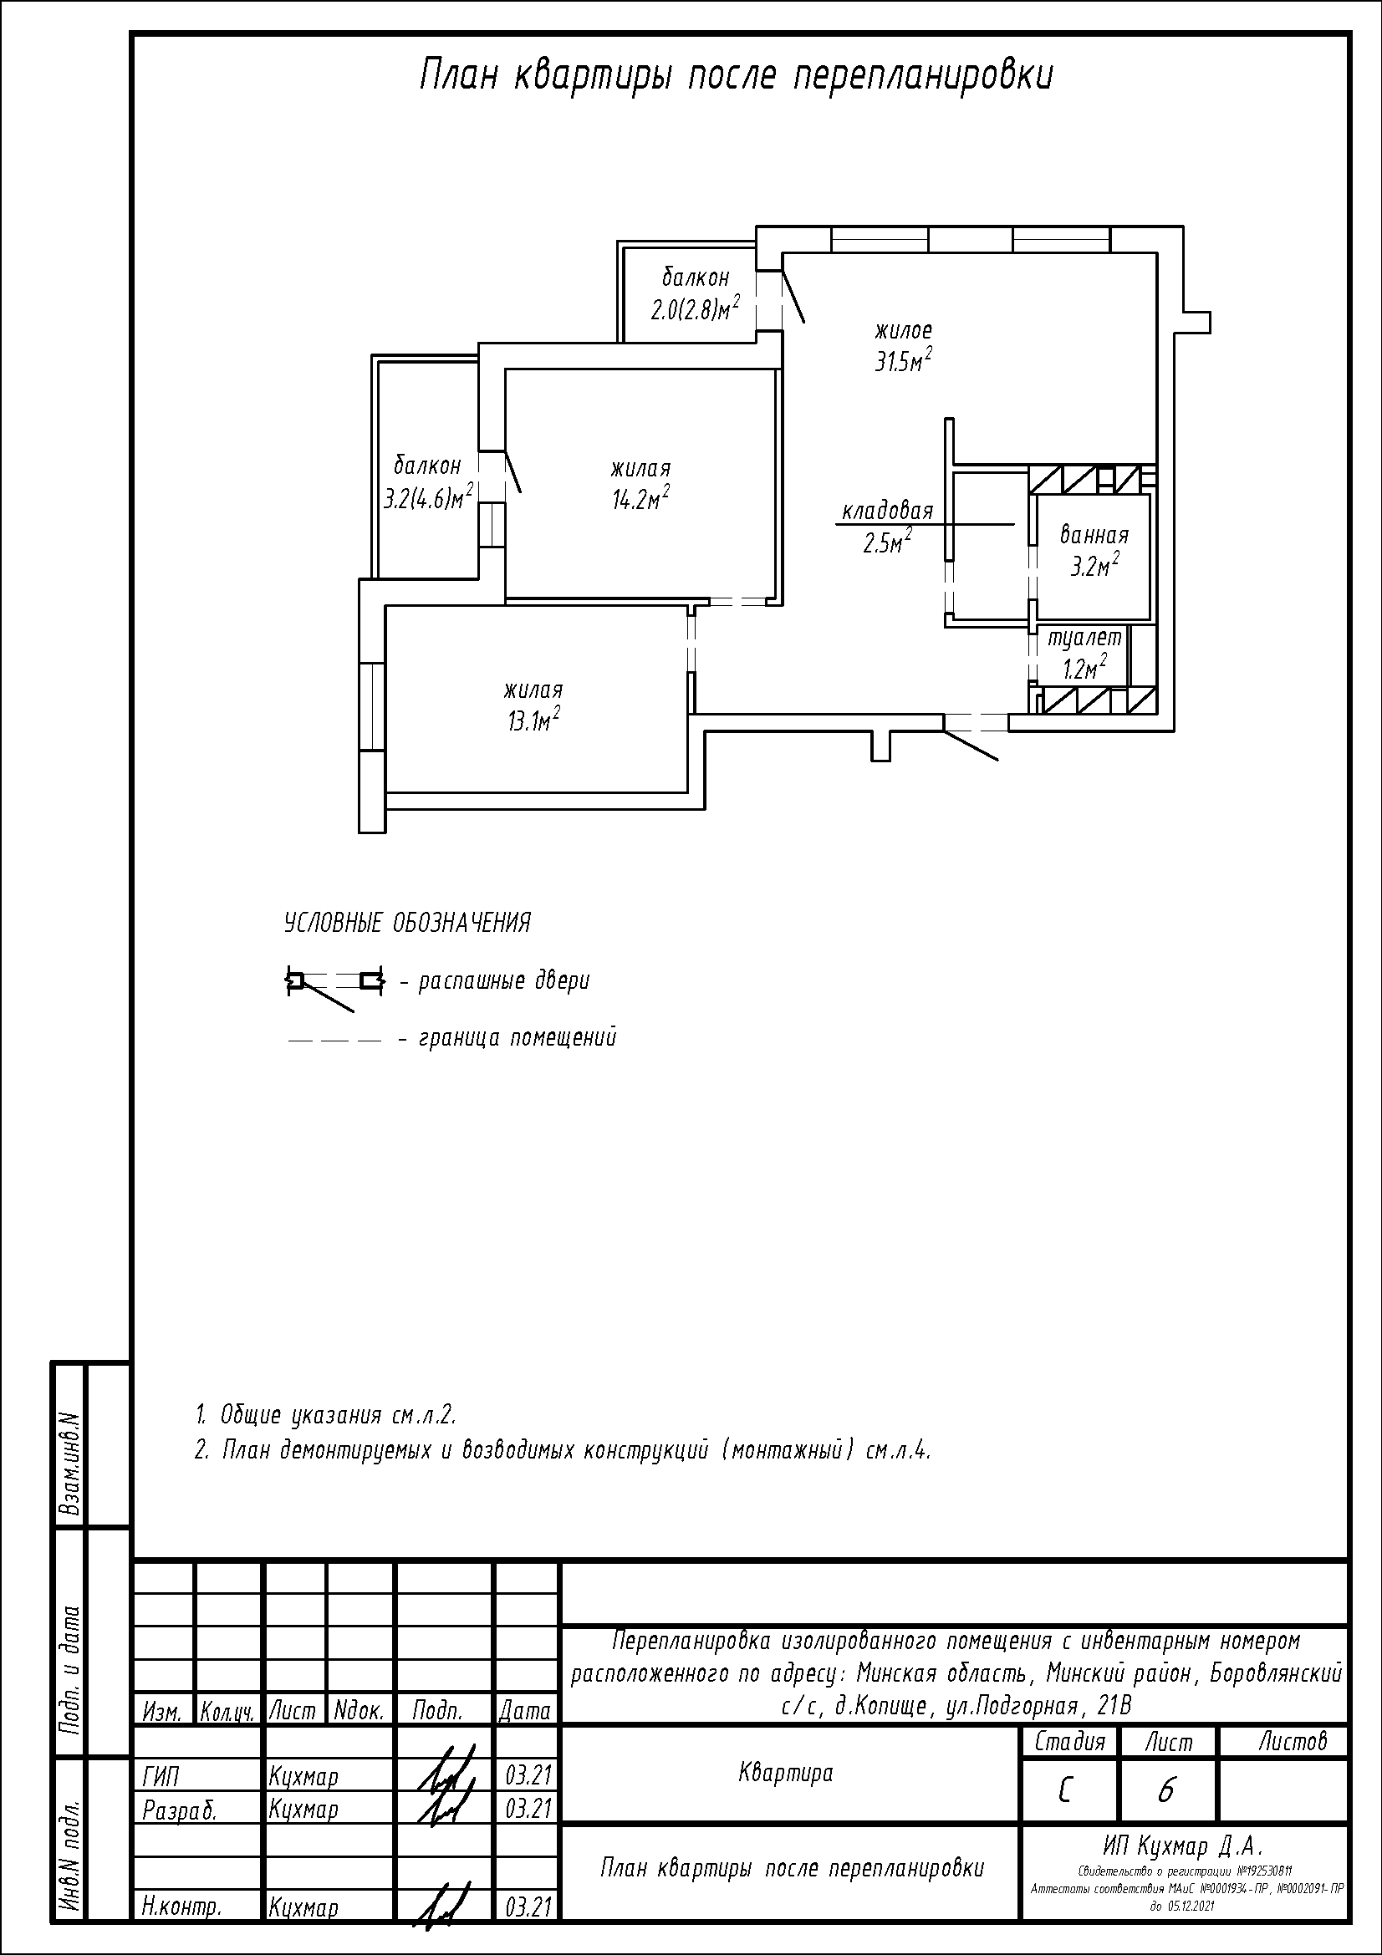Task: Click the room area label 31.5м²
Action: tap(904, 361)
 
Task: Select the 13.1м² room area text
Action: tap(533, 720)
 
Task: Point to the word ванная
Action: tap(1094, 535)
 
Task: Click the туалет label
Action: tap(1085, 638)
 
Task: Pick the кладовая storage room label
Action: tap(887, 511)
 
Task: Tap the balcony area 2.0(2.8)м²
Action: tap(695, 308)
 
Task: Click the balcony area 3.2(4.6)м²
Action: tap(427, 497)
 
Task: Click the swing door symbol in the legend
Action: tap(334, 989)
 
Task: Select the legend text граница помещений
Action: tap(518, 1038)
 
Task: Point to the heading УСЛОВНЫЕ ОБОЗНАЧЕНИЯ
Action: tap(407, 923)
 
